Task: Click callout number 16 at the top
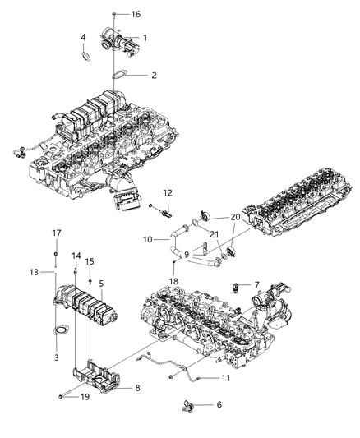pos(136,15)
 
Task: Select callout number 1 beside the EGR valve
pos(145,38)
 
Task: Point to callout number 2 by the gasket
pos(153,76)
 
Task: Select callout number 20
pos(235,217)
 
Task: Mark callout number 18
pos(174,281)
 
